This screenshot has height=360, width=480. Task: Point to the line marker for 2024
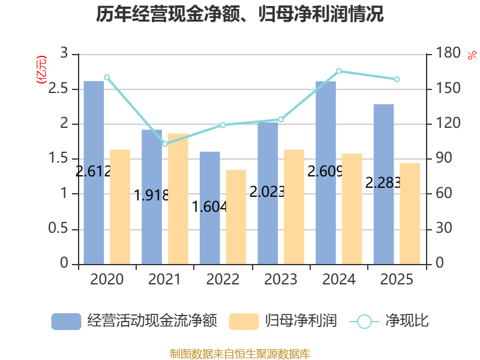coord(339,71)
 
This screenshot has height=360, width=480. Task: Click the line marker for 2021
coord(165,144)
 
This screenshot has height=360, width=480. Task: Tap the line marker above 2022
coord(223,125)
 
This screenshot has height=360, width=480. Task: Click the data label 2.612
coord(94,172)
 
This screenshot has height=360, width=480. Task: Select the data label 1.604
coord(209,207)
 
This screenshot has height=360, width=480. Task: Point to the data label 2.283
coord(383,183)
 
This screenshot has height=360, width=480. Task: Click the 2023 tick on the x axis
coord(281,280)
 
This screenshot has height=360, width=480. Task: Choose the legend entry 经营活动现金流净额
coord(133,321)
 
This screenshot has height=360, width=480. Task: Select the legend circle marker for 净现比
coord(364,322)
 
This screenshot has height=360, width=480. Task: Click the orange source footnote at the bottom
coord(240,353)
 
